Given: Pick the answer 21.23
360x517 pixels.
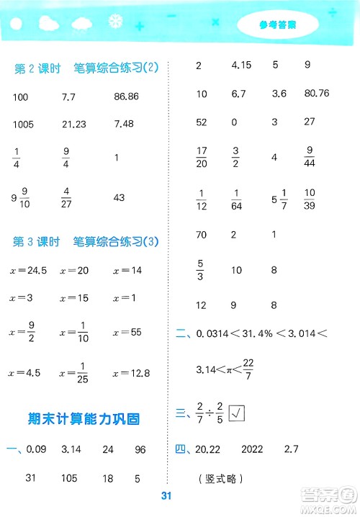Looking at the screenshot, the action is (x=74, y=125).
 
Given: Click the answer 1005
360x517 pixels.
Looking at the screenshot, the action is (x=24, y=125).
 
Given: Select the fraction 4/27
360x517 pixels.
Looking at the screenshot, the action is (x=67, y=197).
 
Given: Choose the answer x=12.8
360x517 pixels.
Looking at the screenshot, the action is (x=131, y=372).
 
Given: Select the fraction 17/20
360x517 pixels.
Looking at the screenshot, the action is (x=203, y=156).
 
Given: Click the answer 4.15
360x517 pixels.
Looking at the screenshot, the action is (x=240, y=66).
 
